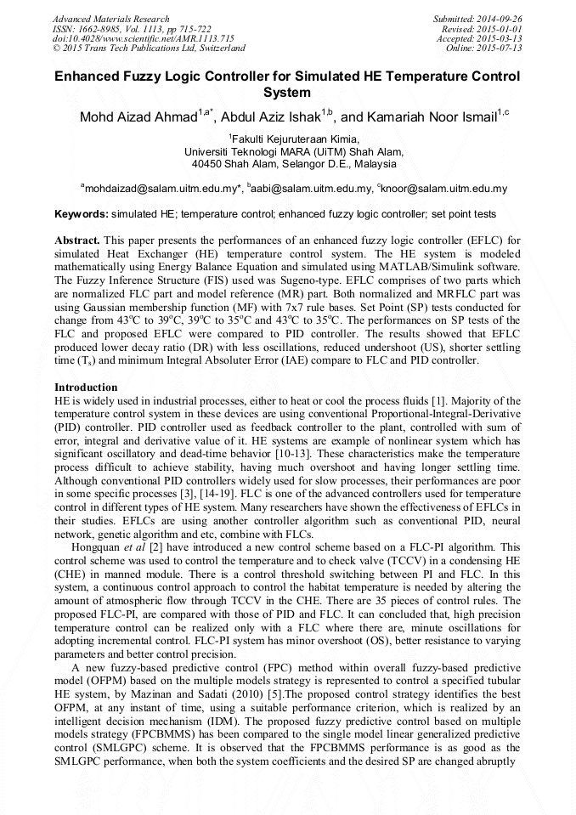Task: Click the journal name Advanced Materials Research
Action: point(110,19)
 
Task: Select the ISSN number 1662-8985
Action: point(105,29)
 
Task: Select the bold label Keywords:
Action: point(81,213)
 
